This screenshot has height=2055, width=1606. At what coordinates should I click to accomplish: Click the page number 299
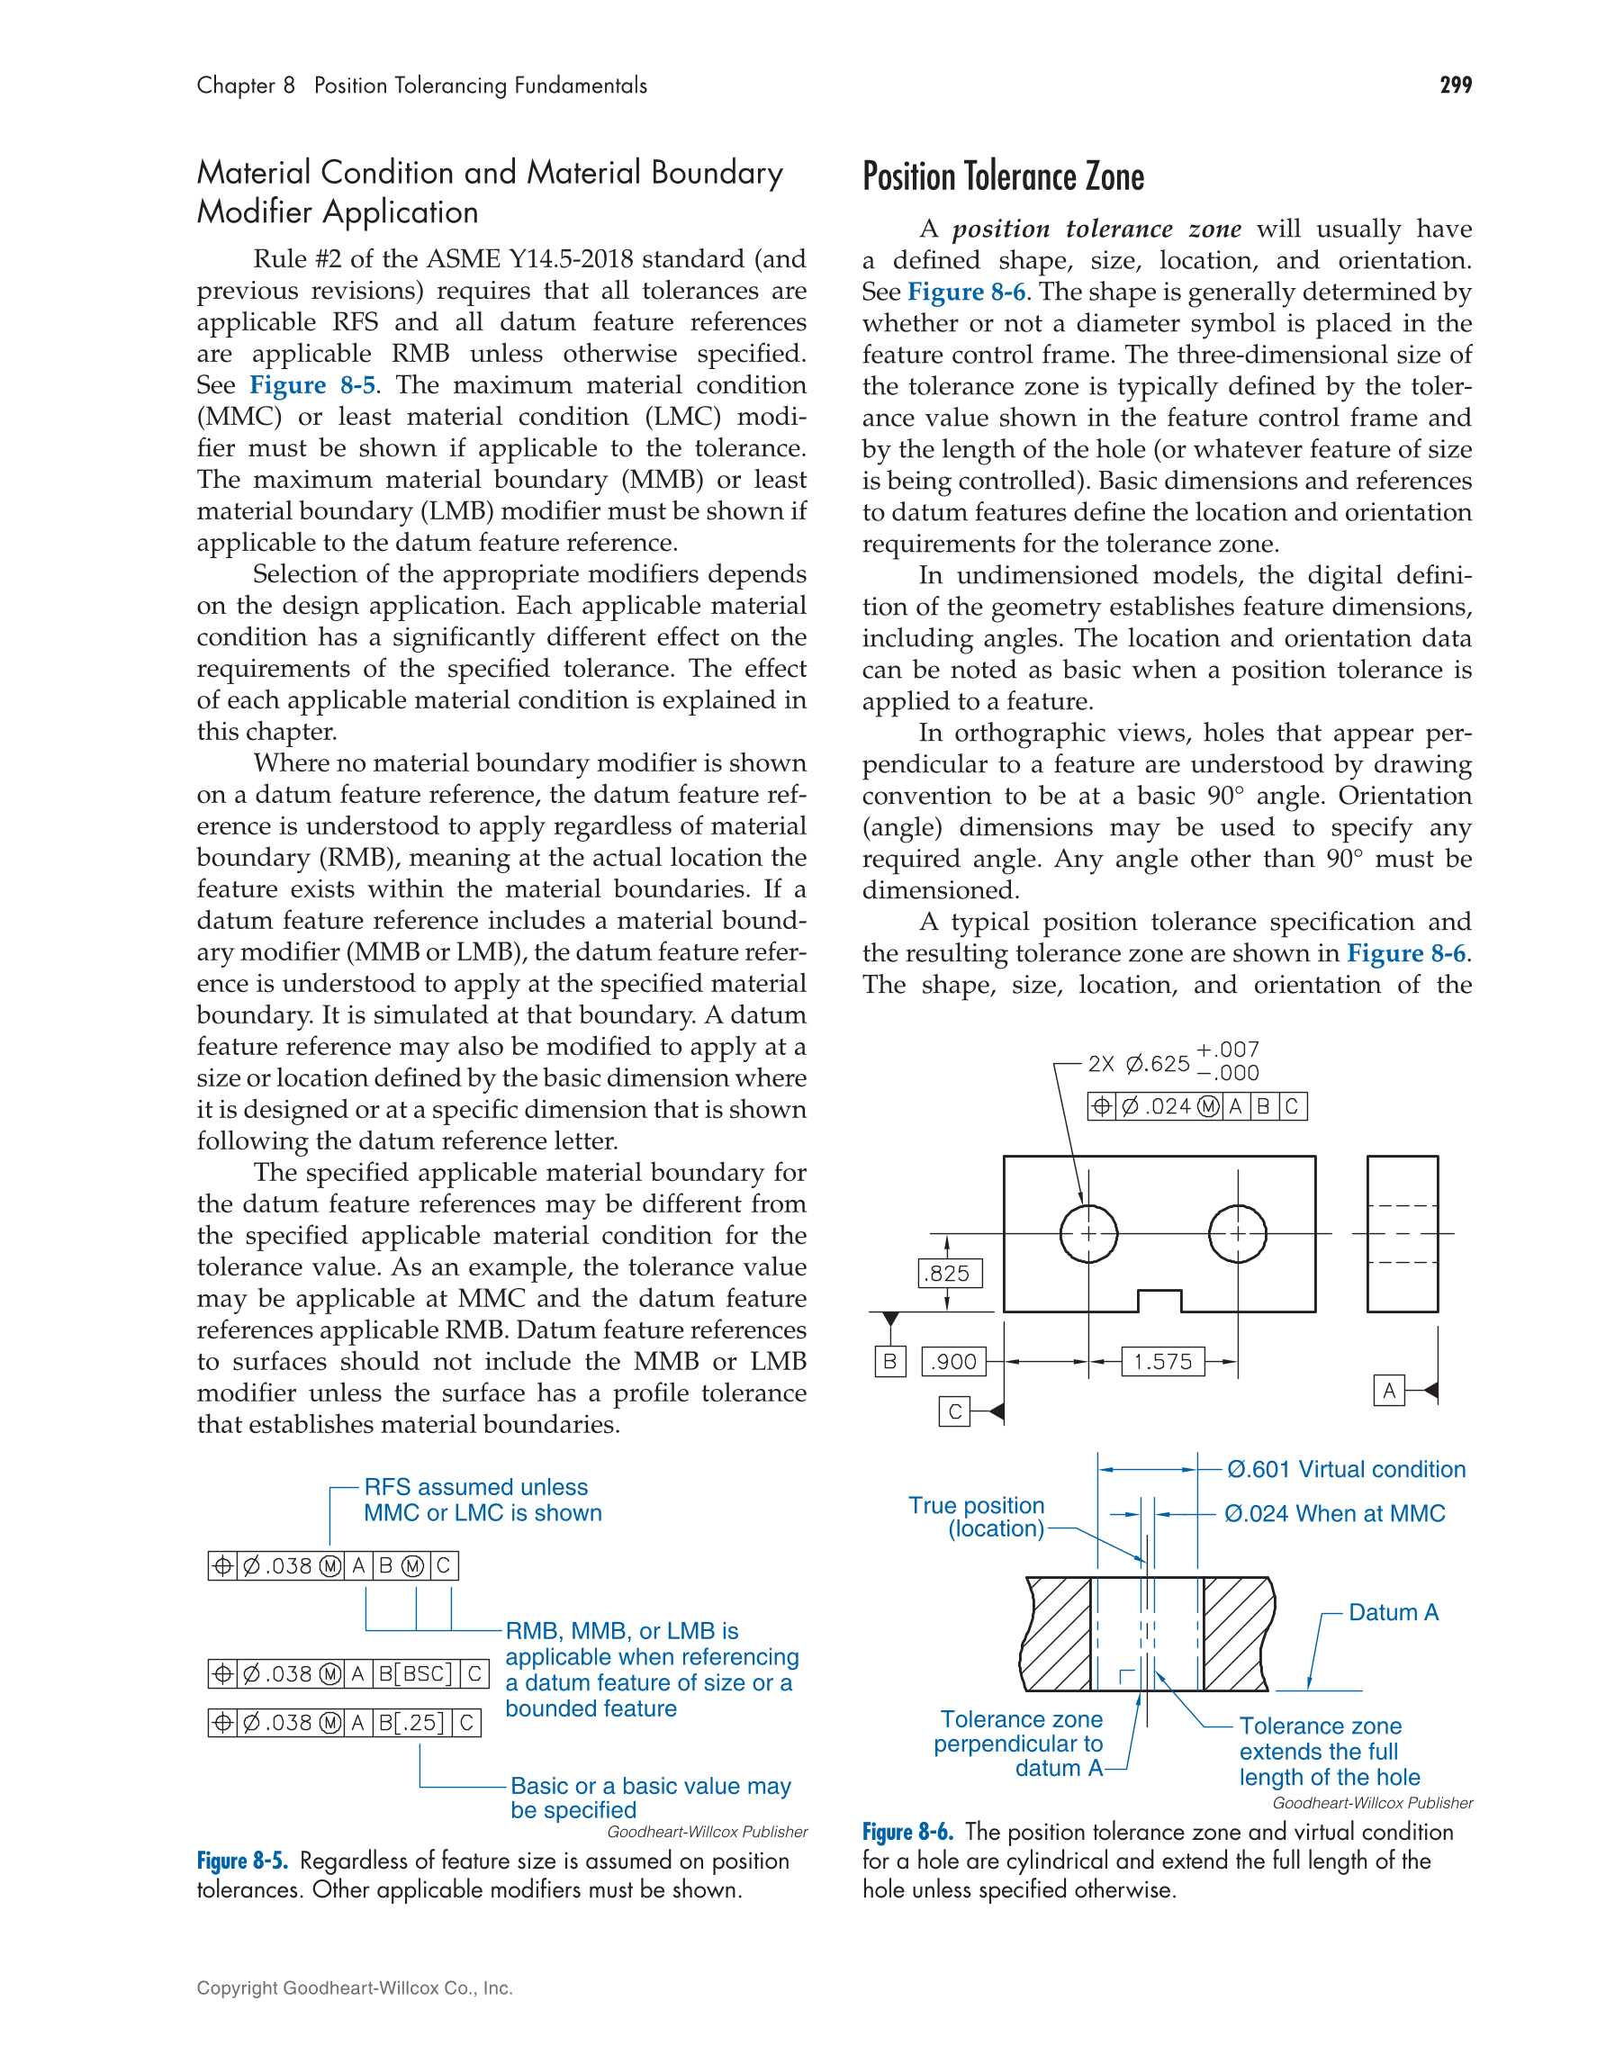[1455, 86]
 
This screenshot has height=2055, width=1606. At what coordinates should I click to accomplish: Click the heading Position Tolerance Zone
[1003, 177]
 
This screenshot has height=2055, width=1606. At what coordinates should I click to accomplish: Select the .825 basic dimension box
[950, 1273]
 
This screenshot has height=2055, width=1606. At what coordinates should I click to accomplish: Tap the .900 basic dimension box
[953, 1362]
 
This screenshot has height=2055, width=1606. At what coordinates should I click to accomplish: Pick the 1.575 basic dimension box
[1162, 1362]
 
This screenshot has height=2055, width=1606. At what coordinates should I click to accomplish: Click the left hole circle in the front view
[1088, 1233]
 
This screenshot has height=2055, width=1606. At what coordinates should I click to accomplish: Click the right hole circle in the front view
[1237, 1233]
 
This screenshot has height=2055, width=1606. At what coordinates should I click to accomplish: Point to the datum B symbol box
[889, 1362]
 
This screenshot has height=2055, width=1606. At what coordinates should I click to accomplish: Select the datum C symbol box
[954, 1411]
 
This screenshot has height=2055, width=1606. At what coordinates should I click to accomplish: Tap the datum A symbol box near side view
[1389, 1391]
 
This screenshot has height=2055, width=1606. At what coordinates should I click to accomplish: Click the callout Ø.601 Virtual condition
[1346, 1470]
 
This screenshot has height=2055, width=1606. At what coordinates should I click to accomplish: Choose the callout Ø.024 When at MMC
[1334, 1514]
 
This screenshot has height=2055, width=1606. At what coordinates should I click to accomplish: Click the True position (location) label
[979, 1517]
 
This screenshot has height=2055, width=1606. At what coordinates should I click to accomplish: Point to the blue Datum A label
[1394, 1613]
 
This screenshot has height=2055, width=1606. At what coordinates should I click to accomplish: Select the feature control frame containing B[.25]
[345, 1723]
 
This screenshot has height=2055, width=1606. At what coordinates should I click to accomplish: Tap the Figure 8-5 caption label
[243, 1861]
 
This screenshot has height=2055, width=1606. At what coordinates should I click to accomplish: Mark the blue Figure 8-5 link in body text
[312, 385]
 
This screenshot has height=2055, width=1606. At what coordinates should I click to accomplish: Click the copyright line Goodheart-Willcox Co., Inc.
[355, 1988]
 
